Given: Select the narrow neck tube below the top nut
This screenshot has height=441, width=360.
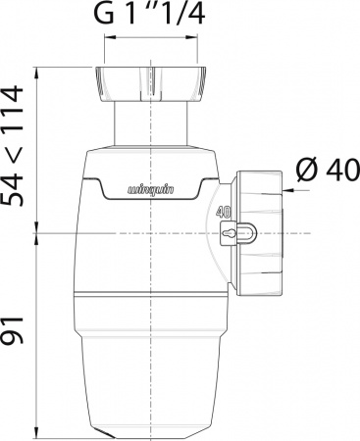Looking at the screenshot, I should coord(153,122).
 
